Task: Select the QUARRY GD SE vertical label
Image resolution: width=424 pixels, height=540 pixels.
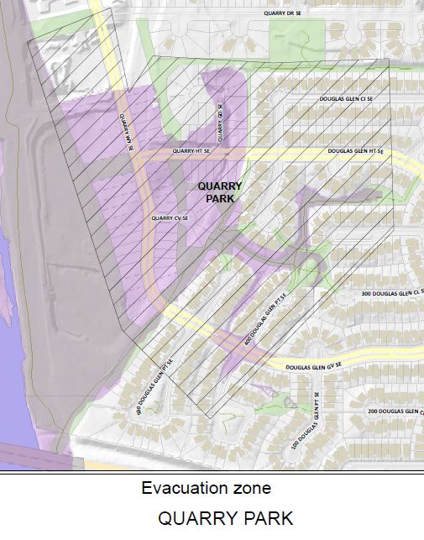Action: click(221, 123)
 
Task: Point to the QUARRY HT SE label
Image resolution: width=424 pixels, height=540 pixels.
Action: click(190, 151)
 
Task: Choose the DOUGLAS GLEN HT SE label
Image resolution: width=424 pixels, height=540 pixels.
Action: click(355, 151)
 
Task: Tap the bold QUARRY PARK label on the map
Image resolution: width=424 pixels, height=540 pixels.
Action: click(220, 192)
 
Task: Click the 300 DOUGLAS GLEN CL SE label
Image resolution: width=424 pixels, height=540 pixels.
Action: click(392, 292)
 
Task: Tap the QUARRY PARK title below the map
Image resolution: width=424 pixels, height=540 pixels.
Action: click(225, 518)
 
